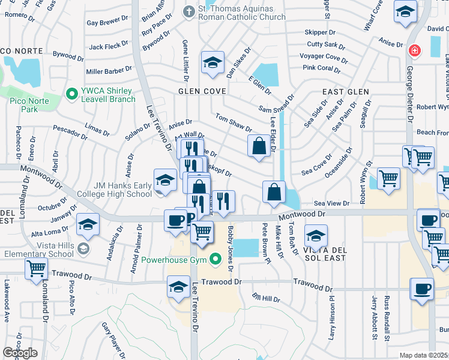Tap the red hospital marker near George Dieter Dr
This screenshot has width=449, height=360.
[x=414, y=51]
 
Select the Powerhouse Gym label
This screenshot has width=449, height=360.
[x=173, y=260]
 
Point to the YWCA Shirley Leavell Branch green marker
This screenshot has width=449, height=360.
[x=72, y=94]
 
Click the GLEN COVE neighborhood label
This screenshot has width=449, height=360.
[x=202, y=91]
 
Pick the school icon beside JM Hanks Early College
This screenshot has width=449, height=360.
[x=165, y=180]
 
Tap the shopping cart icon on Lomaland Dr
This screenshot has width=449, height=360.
[x=37, y=269]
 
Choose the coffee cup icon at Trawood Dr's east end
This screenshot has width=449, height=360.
[x=421, y=289]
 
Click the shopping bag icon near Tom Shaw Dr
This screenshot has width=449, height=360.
[x=259, y=145]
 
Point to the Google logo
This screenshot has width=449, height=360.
[x=20, y=353]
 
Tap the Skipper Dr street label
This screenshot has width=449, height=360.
[x=319, y=32]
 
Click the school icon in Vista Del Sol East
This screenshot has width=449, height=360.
[x=316, y=235]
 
